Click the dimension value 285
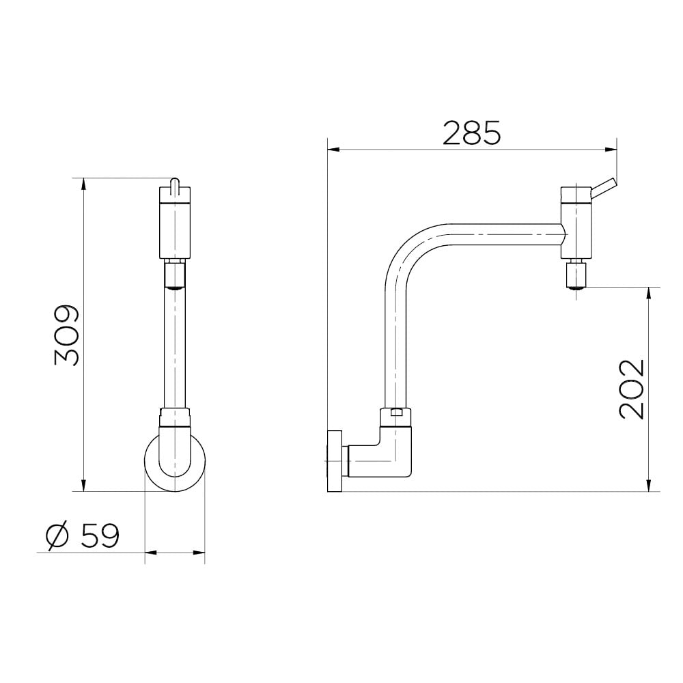[472, 133]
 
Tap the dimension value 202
[632, 389]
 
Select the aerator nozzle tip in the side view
[576, 275]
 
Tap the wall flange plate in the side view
[335, 462]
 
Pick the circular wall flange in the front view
[175, 462]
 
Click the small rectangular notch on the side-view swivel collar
[396, 412]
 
